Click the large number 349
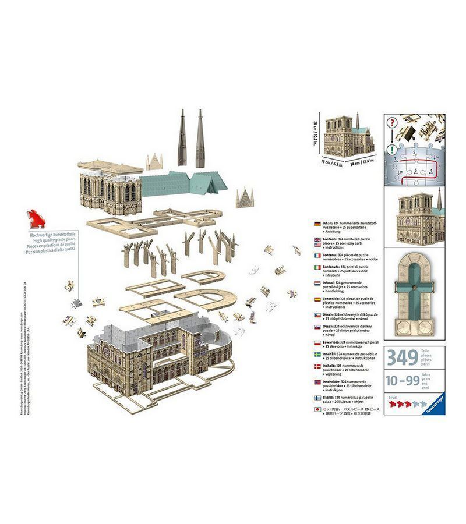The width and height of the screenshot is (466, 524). point(402,357)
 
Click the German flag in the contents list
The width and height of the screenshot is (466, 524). point(317,224)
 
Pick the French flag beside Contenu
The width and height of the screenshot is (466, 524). point(317,255)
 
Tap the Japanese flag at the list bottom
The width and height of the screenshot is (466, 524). point(317,410)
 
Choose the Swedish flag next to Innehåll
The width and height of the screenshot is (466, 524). point(317,354)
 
